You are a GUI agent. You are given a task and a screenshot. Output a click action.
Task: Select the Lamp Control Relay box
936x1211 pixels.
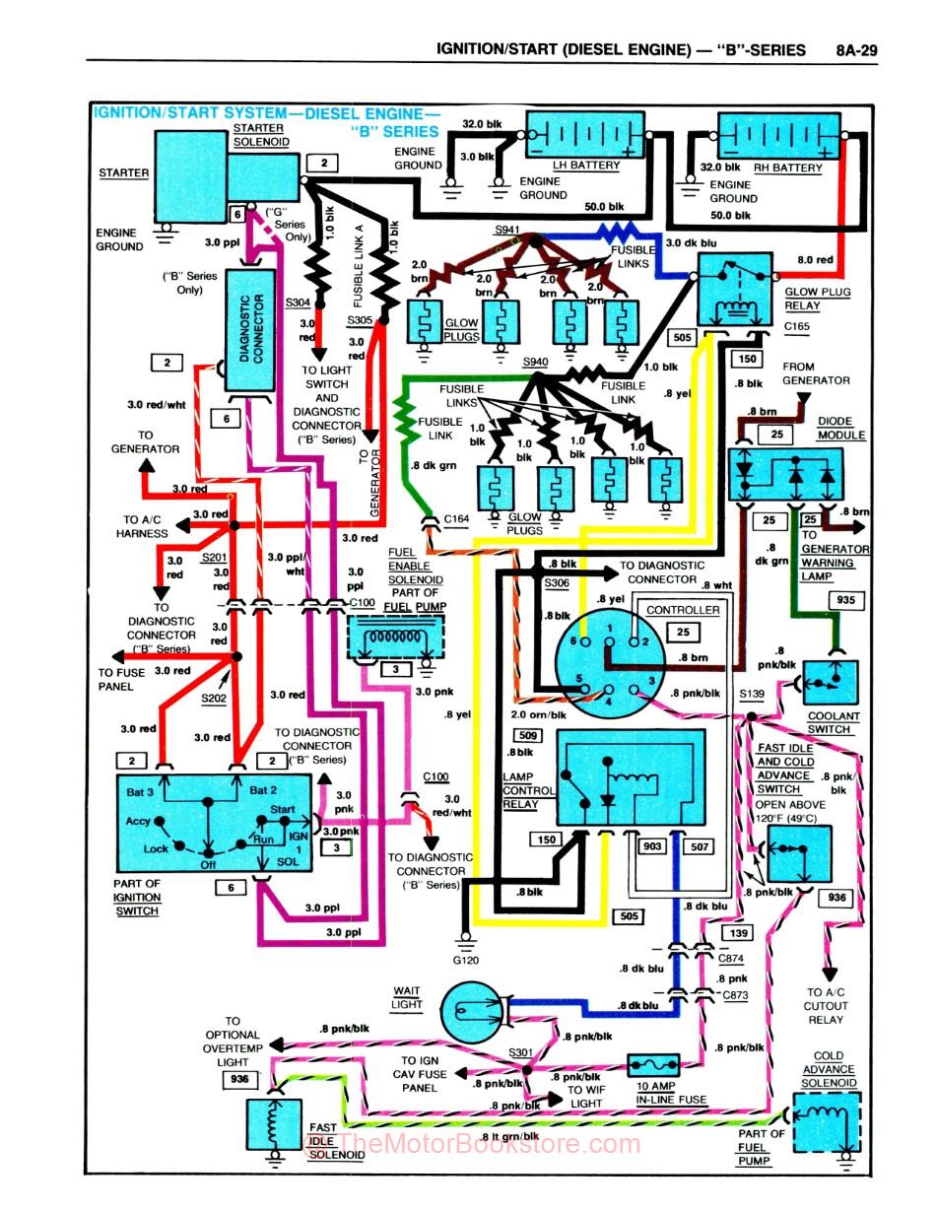click(x=631, y=779)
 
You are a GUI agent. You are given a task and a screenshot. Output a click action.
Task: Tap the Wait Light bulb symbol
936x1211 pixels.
click(x=469, y=1011)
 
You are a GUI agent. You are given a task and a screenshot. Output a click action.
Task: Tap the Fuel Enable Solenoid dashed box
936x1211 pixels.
click(x=396, y=636)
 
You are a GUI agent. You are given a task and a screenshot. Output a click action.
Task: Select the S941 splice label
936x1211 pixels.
click(x=507, y=230)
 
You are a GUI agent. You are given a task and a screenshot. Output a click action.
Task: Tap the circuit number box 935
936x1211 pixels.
click(x=846, y=600)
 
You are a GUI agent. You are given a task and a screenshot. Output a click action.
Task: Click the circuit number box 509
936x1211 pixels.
click(x=527, y=734)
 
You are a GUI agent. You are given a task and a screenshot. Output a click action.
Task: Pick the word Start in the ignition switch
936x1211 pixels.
click(x=283, y=810)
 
